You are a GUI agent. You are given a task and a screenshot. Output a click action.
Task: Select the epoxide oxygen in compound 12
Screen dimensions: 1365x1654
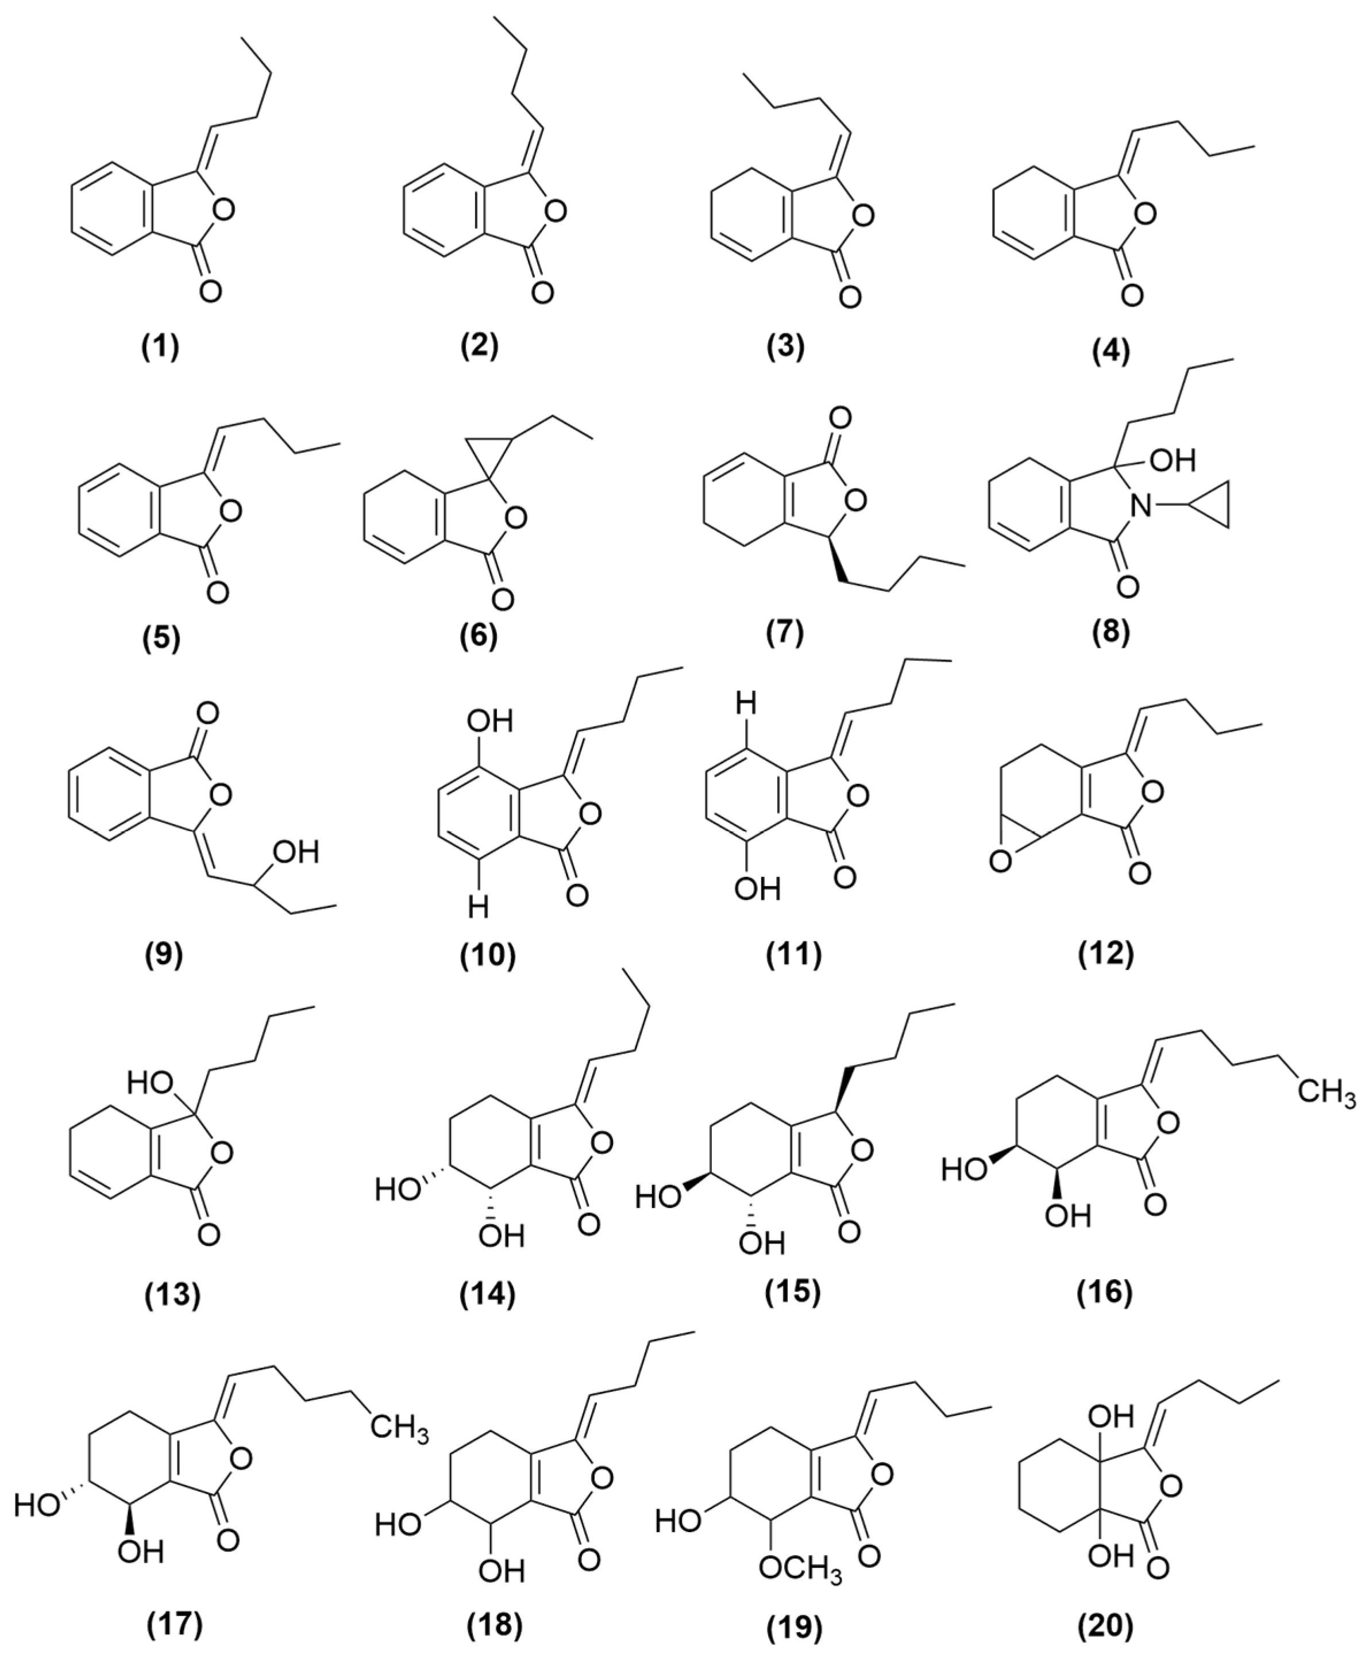[x=1000, y=863]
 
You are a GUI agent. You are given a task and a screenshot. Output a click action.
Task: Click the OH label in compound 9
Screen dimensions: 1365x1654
[x=296, y=852]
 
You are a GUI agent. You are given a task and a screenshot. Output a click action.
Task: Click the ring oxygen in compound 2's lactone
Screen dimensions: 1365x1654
[x=557, y=211]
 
